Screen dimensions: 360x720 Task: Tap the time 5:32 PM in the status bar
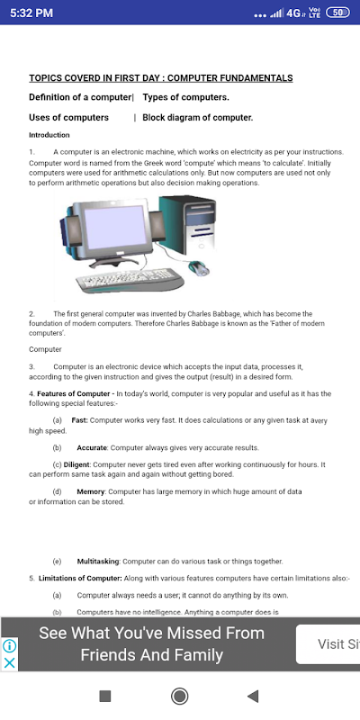31,13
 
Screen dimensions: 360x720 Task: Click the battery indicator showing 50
337,13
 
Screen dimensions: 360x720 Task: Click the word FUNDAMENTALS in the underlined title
249,78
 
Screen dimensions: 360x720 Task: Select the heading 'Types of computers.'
186,97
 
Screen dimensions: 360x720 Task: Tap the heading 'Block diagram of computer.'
198,118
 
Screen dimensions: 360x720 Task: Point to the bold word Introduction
49,135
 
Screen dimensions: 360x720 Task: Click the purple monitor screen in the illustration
114,228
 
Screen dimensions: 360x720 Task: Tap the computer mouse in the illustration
198,267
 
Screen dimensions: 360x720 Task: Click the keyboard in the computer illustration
130,280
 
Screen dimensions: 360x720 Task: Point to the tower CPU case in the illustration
188,225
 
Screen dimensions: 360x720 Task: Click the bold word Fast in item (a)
79,420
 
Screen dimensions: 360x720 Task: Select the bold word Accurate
92,447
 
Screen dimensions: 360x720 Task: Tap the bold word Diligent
77,464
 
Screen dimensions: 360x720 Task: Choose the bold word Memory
92,491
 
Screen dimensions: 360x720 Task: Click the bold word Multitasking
98,561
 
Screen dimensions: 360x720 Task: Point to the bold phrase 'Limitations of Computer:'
80,578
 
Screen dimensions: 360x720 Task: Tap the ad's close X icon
9,662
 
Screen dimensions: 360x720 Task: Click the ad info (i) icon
9,646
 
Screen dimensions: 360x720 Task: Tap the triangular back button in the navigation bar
253,696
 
